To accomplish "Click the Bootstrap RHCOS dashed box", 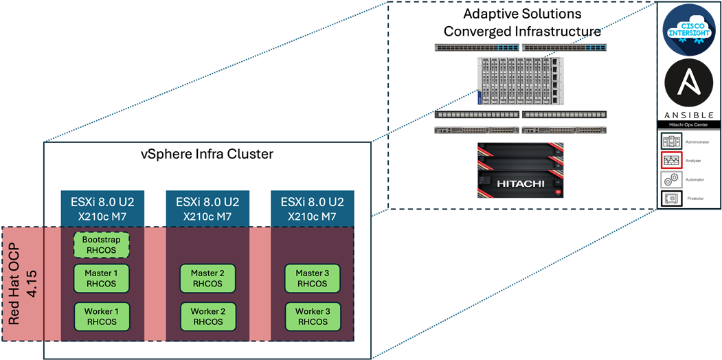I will (x=102, y=245).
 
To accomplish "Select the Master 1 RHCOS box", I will (x=102, y=278).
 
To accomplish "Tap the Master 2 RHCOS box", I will (x=207, y=278).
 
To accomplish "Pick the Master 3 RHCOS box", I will (x=313, y=278).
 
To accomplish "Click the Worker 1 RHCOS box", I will (x=102, y=316).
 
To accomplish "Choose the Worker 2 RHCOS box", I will (x=207, y=316).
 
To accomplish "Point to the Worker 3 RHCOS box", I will (x=313, y=316).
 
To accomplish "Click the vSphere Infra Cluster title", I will (x=207, y=154).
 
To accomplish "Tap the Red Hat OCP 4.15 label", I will (x=21, y=283).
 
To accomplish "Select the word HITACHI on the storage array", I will (x=519, y=183).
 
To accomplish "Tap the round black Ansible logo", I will (x=690, y=83).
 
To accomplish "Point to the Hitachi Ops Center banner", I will (x=690, y=125).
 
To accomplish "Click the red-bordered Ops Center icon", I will (x=670, y=161).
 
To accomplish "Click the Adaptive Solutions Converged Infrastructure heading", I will (x=522, y=23).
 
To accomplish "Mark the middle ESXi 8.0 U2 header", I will (x=207, y=209).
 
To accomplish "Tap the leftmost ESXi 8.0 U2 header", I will (x=102, y=209).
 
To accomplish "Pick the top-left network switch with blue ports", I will (x=476, y=47).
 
